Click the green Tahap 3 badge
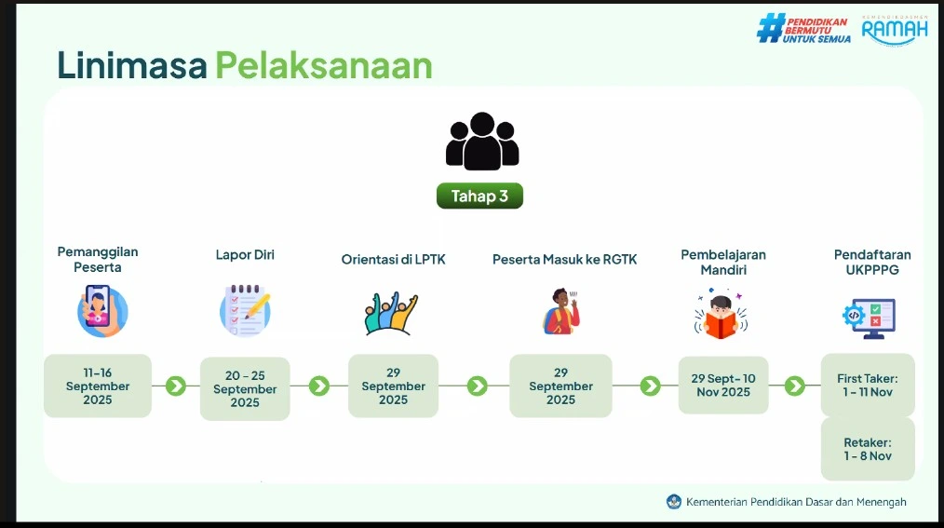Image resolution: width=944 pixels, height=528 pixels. click(479, 196)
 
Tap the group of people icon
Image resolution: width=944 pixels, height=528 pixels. click(481, 142)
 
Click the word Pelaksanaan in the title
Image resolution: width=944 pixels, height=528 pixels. click(324, 65)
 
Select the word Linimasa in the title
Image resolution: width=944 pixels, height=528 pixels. click(132, 65)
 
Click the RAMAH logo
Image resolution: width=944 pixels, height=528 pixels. click(895, 30)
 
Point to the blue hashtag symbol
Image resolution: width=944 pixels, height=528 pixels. click(771, 28)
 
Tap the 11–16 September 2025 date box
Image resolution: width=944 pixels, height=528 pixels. click(98, 386)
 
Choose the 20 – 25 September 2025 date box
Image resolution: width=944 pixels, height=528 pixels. click(245, 389)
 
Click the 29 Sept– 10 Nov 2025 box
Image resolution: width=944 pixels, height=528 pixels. click(723, 386)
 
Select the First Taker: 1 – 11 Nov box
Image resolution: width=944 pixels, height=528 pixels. click(868, 386)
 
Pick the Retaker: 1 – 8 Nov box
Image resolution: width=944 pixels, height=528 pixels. click(868, 449)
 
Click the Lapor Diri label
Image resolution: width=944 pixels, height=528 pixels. click(245, 254)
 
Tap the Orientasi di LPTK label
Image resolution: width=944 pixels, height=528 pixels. click(393, 260)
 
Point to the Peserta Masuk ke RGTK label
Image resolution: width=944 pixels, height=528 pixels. click(565, 260)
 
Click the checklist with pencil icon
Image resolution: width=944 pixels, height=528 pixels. click(245, 311)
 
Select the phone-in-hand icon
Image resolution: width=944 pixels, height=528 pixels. click(101, 311)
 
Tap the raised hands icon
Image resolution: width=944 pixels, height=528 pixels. click(391, 313)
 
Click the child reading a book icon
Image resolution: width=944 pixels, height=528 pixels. click(721, 314)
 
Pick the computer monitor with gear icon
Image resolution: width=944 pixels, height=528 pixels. click(870, 318)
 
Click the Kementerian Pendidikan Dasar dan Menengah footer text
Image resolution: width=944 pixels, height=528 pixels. click(796, 502)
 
